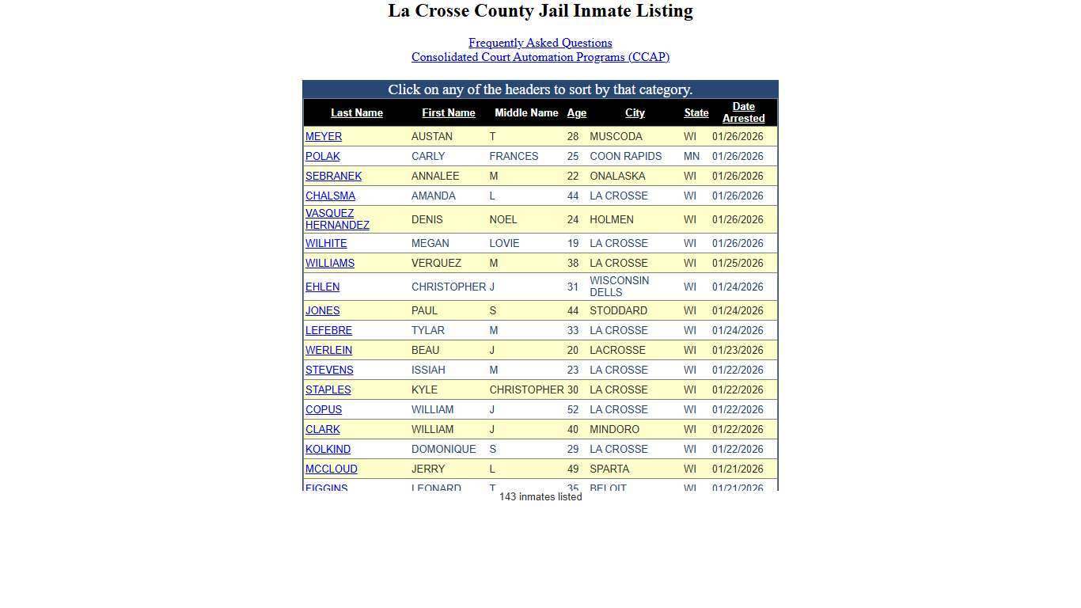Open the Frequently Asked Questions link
(540, 43)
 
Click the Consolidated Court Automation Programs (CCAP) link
(540, 57)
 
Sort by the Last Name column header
(356, 113)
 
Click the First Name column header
(448, 113)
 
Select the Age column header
(576, 113)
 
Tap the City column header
(635, 113)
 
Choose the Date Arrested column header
(743, 112)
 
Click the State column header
(696, 113)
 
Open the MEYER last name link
(324, 137)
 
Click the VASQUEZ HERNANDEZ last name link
(336, 219)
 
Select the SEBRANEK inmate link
(333, 177)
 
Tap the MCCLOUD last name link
(331, 469)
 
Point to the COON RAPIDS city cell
(625, 157)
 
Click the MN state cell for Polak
(691, 157)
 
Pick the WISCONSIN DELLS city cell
(619, 287)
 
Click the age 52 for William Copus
(572, 410)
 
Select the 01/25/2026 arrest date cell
(738, 264)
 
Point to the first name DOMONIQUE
(443, 450)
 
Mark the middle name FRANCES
(514, 157)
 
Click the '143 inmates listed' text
(540, 497)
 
